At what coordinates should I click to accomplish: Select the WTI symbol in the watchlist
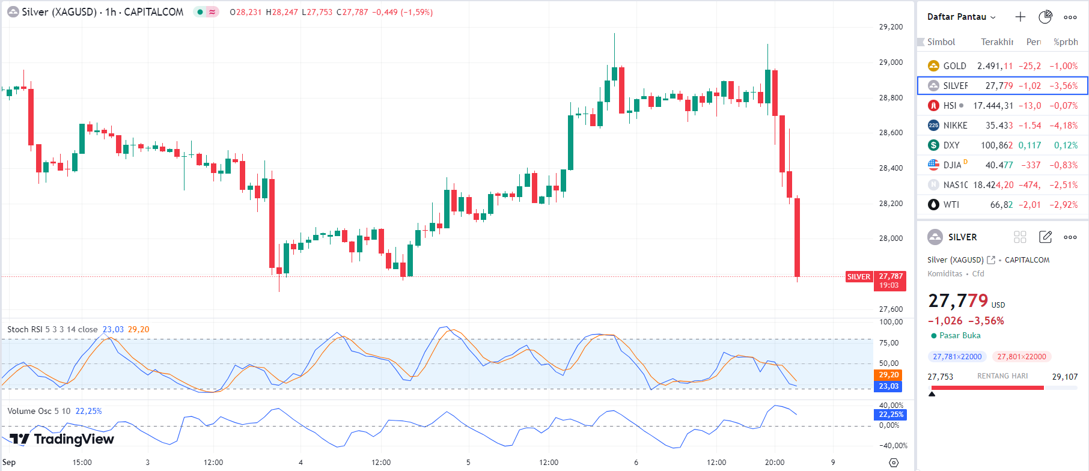[951, 205]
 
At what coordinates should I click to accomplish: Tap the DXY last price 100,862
[996, 145]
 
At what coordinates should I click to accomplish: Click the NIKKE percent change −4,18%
[1063, 126]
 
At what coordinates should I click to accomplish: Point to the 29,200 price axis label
[891, 27]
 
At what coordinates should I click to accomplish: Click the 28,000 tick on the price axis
[891, 239]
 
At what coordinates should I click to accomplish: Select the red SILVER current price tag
[858, 277]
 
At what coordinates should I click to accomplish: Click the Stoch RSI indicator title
[52, 329]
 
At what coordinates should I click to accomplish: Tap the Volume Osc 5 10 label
[38, 411]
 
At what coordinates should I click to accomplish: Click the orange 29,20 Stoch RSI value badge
[888, 375]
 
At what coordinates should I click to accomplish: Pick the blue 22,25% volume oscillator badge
[891, 415]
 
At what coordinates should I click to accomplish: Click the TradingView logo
[62, 439]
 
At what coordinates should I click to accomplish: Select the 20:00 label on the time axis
[774, 463]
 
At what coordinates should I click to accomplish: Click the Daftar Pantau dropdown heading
[960, 17]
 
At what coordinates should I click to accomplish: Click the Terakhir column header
[996, 42]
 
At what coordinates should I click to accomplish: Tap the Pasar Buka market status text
[959, 336]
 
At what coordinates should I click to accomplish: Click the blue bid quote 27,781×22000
[957, 357]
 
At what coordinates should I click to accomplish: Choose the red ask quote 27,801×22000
[1021, 357]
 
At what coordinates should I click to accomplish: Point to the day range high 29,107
[1064, 377]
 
